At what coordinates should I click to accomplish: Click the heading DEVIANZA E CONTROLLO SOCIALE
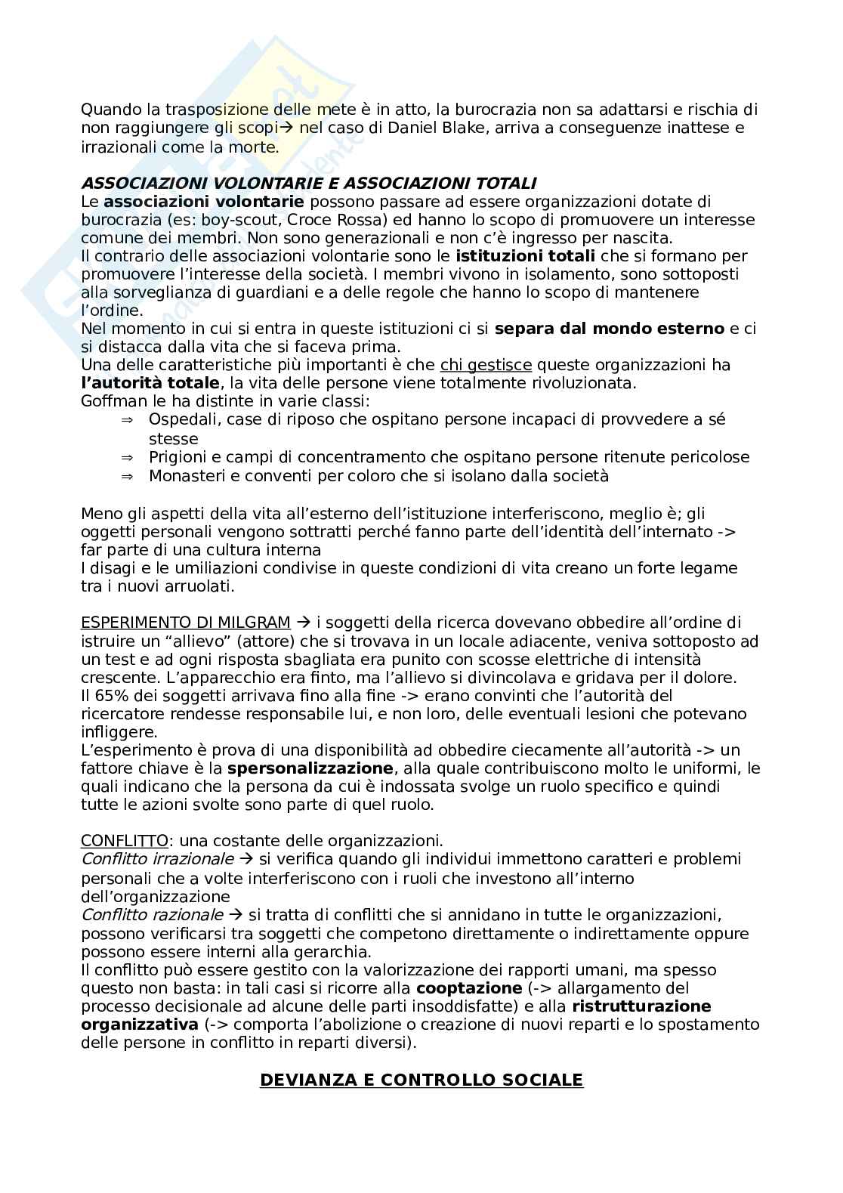tap(421, 1080)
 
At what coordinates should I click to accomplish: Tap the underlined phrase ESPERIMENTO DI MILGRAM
tap(185, 623)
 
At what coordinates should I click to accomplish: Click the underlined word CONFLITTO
tap(124, 840)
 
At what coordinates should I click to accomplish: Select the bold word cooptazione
tap(468, 988)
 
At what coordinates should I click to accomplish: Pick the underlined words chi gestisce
tap(486, 365)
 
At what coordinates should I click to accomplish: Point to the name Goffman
tap(112, 401)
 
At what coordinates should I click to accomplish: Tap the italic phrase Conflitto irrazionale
tap(157, 859)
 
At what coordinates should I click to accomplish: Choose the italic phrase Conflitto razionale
tap(151, 915)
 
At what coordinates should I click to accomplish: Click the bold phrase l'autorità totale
tap(150, 383)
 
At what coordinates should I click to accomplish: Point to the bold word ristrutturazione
tap(641, 1006)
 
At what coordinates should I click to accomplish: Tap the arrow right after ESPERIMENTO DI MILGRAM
tap(304, 623)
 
